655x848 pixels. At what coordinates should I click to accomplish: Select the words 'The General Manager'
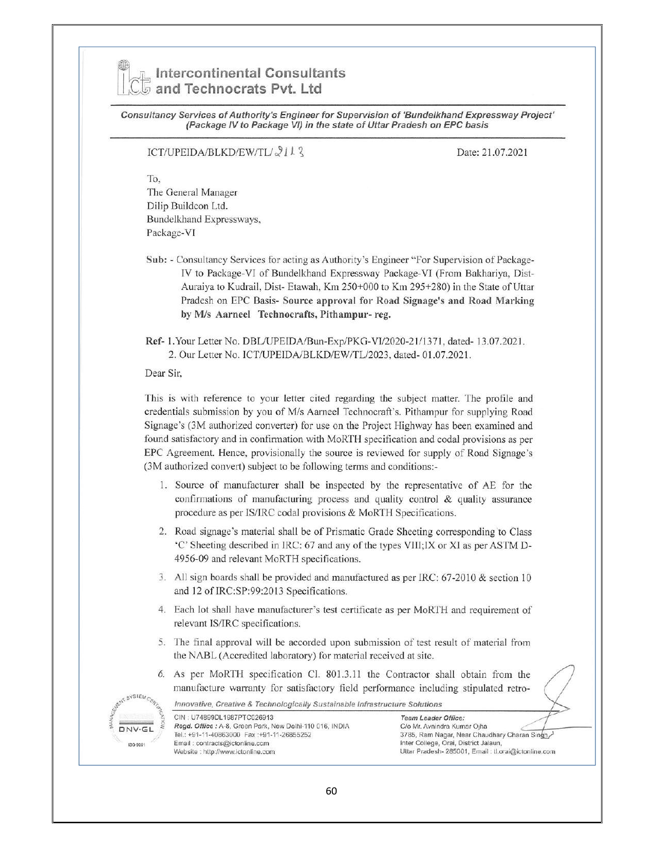click(192, 193)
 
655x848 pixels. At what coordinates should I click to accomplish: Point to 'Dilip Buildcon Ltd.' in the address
click(187, 206)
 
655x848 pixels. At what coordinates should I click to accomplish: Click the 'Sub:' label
click(156, 260)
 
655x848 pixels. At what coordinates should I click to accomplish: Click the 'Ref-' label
click(155, 341)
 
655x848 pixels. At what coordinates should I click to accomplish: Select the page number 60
click(331, 791)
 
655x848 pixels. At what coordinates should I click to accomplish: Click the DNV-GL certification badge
click(134, 728)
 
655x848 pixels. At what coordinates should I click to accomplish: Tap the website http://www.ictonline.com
click(224, 751)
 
